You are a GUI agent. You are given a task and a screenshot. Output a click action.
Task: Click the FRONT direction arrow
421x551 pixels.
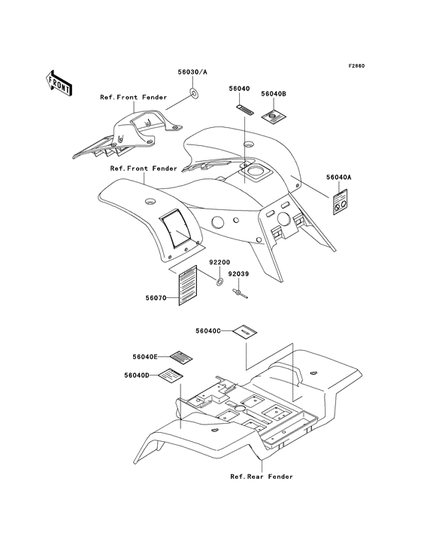pyautogui.click(x=59, y=83)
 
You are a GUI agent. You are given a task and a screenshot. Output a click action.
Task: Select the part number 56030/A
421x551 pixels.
pyautogui.click(x=192, y=72)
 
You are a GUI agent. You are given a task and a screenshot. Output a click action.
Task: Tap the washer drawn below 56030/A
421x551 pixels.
pyautogui.click(x=194, y=93)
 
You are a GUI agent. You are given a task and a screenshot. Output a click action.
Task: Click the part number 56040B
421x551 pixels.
pyautogui.click(x=274, y=94)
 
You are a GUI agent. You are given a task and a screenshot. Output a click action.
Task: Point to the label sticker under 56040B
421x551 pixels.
pyautogui.click(x=274, y=116)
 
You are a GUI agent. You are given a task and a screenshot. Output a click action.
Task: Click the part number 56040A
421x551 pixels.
pyautogui.click(x=338, y=178)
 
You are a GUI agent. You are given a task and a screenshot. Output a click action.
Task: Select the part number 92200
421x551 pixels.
pyautogui.click(x=220, y=263)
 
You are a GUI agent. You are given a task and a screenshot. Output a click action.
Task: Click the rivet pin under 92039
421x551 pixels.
pyautogui.click(x=240, y=294)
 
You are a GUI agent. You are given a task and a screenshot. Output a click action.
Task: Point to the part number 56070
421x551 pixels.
pyautogui.click(x=156, y=298)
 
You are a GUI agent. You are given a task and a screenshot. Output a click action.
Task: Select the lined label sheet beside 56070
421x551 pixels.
pyautogui.click(x=188, y=285)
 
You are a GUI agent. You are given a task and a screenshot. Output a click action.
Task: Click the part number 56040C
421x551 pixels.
pyautogui.click(x=208, y=330)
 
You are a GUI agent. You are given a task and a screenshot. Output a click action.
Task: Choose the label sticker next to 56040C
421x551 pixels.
pyautogui.click(x=245, y=331)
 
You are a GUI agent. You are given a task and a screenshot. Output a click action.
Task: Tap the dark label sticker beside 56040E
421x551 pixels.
pyautogui.click(x=181, y=358)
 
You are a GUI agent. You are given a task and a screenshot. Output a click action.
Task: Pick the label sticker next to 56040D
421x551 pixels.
pyautogui.click(x=171, y=376)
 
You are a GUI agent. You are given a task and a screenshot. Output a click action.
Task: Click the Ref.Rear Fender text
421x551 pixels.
pyautogui.click(x=262, y=476)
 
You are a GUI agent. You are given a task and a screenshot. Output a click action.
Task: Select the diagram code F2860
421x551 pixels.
pyautogui.click(x=356, y=65)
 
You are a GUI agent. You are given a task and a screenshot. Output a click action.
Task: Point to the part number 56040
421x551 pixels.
pyautogui.click(x=239, y=89)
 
